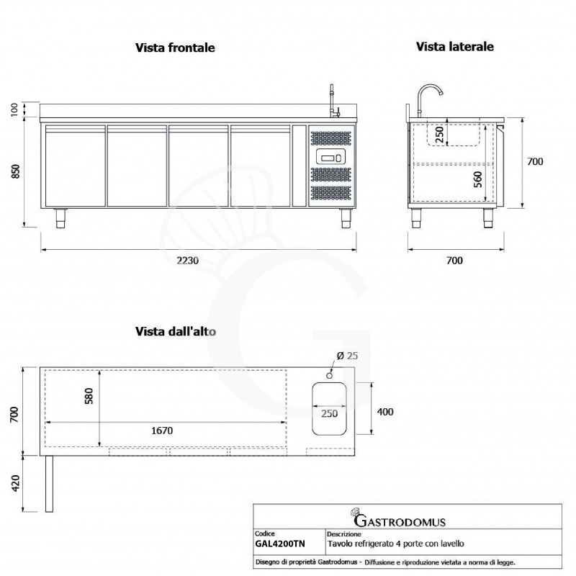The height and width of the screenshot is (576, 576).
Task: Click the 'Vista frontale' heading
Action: pos(175,48)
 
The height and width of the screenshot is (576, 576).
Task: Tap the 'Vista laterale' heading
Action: pos(455,47)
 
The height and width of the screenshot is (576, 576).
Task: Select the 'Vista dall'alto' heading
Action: pos(176,331)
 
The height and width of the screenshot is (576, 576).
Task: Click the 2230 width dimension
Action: pos(188,261)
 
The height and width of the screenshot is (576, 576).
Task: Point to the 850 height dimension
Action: pos(16,171)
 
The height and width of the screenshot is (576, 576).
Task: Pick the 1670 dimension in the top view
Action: pos(162,431)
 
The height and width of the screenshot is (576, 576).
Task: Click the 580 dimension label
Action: pos(89,396)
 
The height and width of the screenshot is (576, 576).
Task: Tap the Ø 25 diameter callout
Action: pos(347,356)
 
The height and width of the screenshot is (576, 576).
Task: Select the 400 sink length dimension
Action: pos(385,412)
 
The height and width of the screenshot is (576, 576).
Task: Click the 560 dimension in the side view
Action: pos(477,179)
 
